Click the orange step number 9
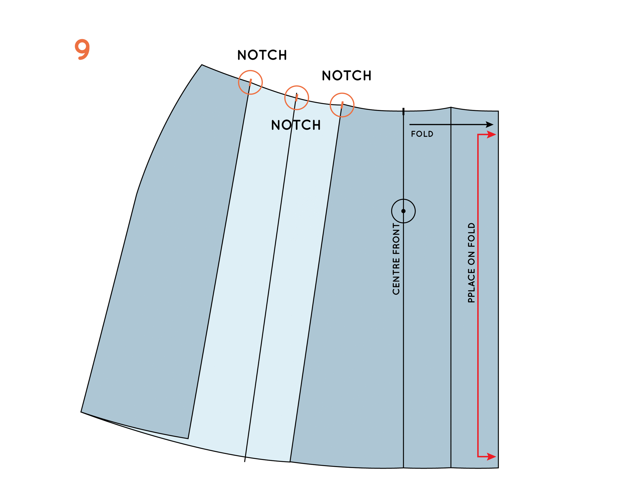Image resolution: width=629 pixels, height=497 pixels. click(x=82, y=50)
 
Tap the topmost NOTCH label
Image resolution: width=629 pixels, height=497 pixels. click(x=262, y=55)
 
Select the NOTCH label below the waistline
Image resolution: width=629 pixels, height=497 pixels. click(x=296, y=125)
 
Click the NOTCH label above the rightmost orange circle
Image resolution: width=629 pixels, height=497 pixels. click(x=346, y=76)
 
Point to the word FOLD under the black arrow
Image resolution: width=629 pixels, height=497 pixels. click(x=422, y=134)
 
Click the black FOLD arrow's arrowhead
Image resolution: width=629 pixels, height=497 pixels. click(x=490, y=125)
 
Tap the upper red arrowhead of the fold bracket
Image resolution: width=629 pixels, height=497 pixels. click(x=492, y=134)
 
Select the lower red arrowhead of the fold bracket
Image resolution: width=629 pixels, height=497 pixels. click(x=492, y=457)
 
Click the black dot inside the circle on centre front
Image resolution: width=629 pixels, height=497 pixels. click(x=403, y=211)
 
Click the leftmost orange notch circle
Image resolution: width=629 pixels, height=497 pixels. click(x=250, y=82)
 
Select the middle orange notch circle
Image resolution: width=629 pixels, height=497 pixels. click(x=297, y=98)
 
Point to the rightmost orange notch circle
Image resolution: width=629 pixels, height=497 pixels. click(x=342, y=105)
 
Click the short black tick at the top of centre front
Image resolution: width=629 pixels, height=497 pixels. click(x=403, y=111)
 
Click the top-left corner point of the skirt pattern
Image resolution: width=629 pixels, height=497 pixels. click(x=202, y=65)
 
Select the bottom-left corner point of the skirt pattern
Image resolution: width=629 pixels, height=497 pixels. click(x=81, y=412)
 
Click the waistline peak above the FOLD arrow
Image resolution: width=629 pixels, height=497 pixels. click(x=451, y=107)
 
